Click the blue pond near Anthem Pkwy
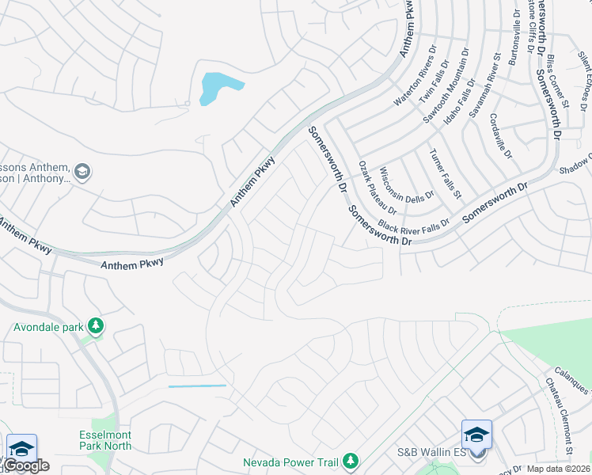pos(215,86)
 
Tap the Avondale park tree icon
pos(95,326)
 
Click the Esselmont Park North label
pos(105,440)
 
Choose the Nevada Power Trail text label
pos(290,462)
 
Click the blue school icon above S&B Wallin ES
pos(476,434)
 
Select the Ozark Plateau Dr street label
pos(377,185)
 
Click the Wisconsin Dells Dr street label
pos(406,183)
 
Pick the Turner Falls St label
pos(444,173)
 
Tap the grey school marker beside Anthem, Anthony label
pos(82,171)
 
